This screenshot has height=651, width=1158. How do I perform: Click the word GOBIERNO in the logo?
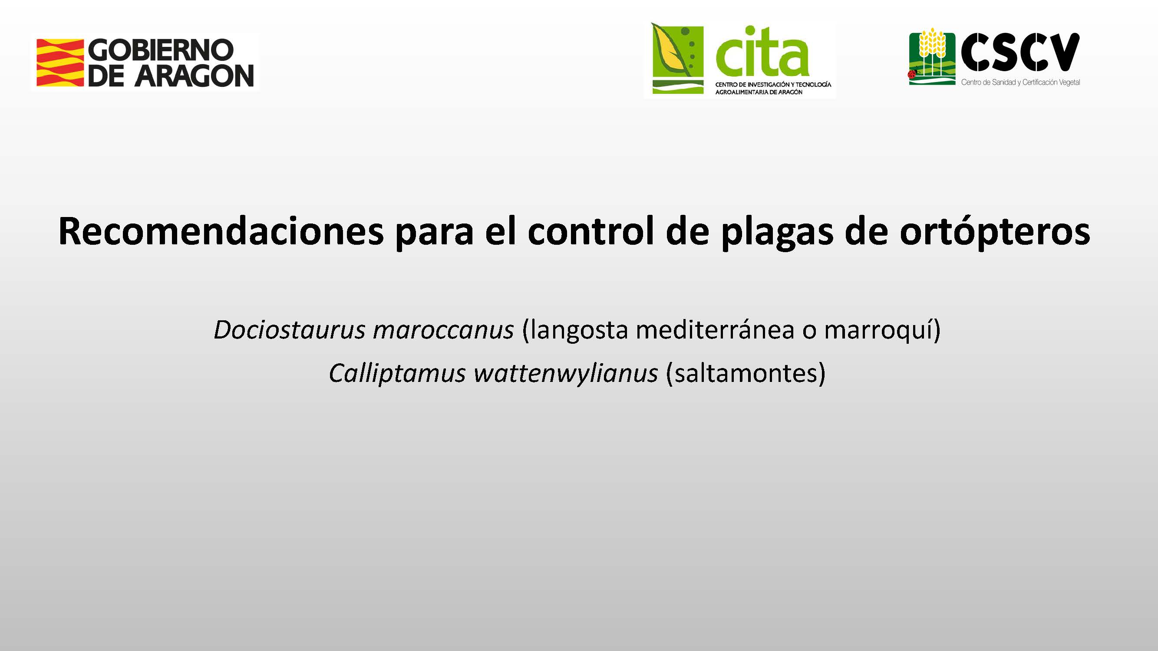click(161, 50)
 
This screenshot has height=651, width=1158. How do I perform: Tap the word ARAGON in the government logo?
click(194, 75)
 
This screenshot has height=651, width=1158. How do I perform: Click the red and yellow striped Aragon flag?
click(60, 62)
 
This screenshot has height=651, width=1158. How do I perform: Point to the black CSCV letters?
click(1020, 52)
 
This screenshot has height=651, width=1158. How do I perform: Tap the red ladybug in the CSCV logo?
click(912, 74)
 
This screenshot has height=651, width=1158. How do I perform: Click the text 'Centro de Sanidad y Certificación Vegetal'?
click(1020, 82)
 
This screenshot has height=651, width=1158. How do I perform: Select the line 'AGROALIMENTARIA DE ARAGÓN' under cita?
click(759, 92)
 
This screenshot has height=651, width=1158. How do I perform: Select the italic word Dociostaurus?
click(290, 330)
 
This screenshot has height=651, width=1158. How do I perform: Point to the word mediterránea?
click(715, 330)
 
